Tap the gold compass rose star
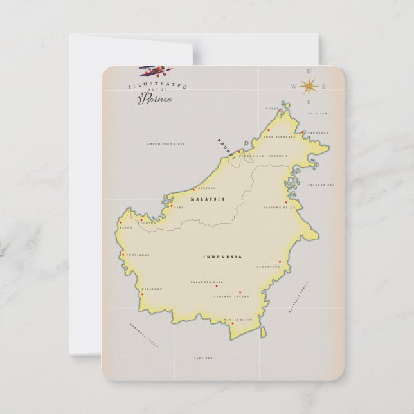point(309,85)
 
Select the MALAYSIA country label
point(208,199)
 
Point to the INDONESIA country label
point(222,257)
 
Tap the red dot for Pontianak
point(123,255)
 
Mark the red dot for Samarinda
point(280,262)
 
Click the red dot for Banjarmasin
point(233,324)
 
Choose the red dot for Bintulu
point(194,190)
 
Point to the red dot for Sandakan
point(303,132)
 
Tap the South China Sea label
point(162,144)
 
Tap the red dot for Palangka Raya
point(216,286)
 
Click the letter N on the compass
point(309,71)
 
